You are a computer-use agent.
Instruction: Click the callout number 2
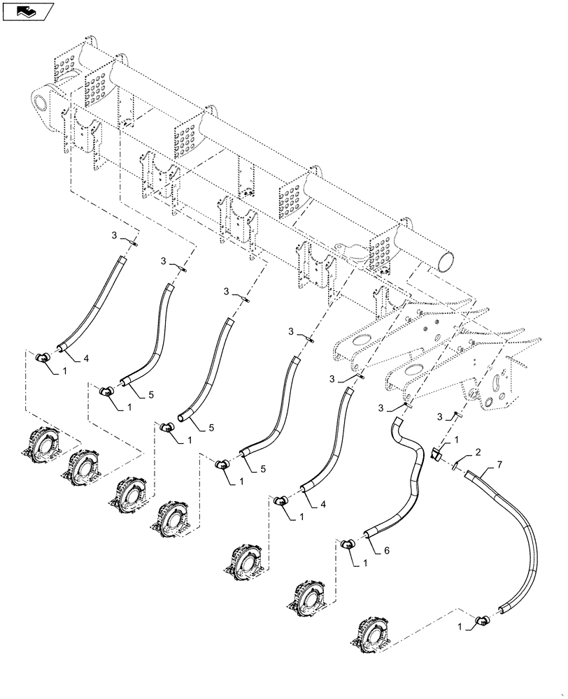(477, 452)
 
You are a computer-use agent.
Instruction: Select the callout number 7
(499, 464)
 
